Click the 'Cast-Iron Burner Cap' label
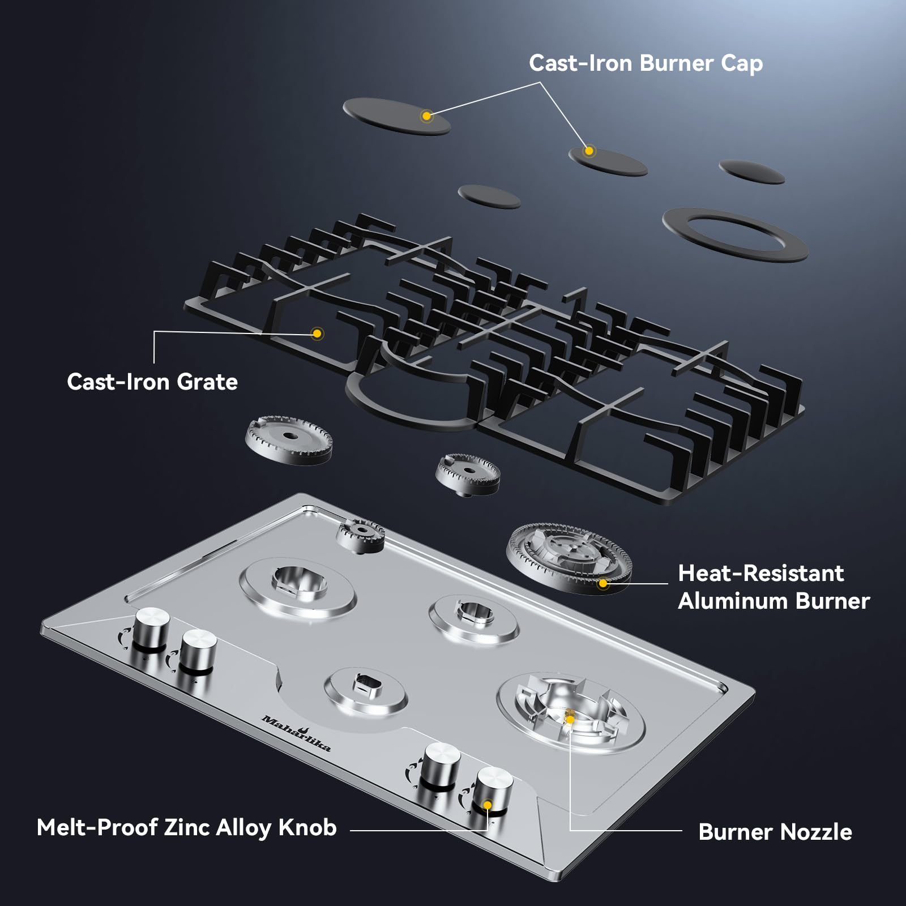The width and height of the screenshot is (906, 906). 646,63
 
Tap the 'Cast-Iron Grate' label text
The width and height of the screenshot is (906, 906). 152,382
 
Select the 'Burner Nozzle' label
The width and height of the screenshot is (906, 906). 775,832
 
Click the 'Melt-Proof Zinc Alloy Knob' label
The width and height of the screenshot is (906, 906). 187,828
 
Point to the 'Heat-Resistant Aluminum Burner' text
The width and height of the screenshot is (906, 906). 773,587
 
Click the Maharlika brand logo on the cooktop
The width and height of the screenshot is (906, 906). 296,732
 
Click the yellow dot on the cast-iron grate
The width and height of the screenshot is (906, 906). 317,334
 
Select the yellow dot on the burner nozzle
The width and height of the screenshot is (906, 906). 570,719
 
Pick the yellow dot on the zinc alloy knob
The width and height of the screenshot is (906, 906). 487,805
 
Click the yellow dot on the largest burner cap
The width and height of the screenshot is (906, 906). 426,116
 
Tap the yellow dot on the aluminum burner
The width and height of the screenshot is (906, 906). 603,583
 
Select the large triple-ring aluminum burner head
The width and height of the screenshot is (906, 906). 569,557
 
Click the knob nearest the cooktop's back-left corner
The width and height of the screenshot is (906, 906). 151,629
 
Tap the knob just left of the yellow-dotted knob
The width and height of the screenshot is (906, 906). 442,766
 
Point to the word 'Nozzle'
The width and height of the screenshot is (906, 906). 816,832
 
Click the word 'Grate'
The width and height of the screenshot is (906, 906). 207,382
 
